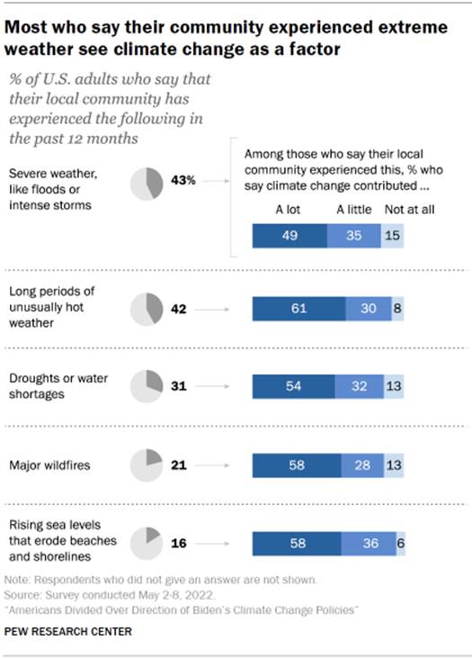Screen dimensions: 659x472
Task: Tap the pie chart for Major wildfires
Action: (x=147, y=465)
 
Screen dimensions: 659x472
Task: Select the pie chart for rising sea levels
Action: (x=147, y=543)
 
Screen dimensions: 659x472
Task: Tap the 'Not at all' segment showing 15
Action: (x=391, y=236)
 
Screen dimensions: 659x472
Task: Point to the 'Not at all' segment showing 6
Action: (x=399, y=543)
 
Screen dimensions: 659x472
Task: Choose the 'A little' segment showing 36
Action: (x=369, y=543)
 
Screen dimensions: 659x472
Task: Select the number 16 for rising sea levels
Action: (x=178, y=543)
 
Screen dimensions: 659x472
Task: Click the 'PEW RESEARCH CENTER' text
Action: (x=68, y=632)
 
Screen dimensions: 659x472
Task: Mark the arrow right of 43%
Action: (x=213, y=182)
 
